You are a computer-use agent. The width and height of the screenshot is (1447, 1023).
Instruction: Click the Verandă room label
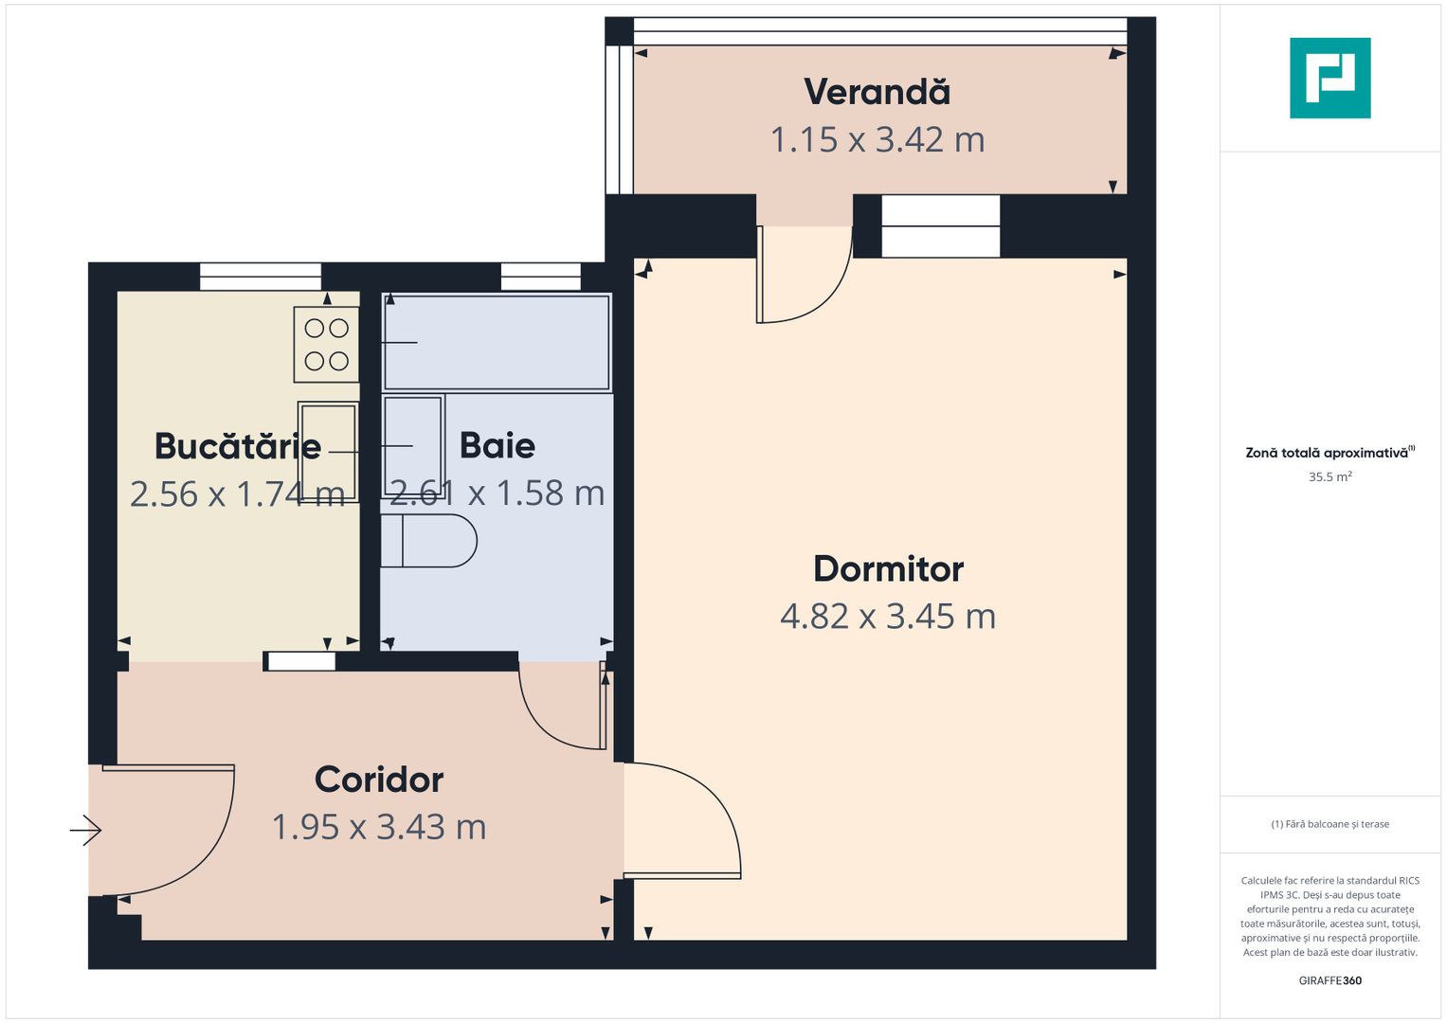pos(877,92)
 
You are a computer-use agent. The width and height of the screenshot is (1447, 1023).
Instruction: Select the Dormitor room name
pos(888,568)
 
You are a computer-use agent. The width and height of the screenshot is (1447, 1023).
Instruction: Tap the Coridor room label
pos(379,780)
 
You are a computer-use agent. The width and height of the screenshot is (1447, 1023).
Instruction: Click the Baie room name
pos(497,445)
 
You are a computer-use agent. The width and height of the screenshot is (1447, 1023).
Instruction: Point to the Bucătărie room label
pos(238,446)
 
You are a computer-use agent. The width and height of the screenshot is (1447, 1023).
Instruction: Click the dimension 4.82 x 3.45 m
pos(888,617)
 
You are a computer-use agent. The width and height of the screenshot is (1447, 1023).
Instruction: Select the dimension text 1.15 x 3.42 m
pos(877,140)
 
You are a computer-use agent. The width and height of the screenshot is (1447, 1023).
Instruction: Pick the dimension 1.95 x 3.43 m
pos(379,827)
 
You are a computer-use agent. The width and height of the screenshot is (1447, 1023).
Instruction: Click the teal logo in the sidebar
pos(1329,78)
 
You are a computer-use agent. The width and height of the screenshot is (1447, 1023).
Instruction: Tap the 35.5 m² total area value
pos(1329,476)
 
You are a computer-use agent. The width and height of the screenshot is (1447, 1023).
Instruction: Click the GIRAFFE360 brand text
pos(1329,980)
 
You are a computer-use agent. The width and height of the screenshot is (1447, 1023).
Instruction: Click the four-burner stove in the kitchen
pos(326,345)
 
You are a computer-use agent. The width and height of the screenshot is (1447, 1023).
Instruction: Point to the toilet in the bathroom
pos(428,541)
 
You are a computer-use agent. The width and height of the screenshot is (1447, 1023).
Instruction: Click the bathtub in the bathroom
pos(497,342)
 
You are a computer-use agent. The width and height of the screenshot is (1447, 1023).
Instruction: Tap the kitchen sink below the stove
pos(328,451)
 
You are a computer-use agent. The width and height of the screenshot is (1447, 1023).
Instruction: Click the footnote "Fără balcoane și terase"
pos(1329,824)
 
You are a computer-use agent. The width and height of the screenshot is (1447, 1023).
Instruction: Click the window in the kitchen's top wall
pos(261,277)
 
